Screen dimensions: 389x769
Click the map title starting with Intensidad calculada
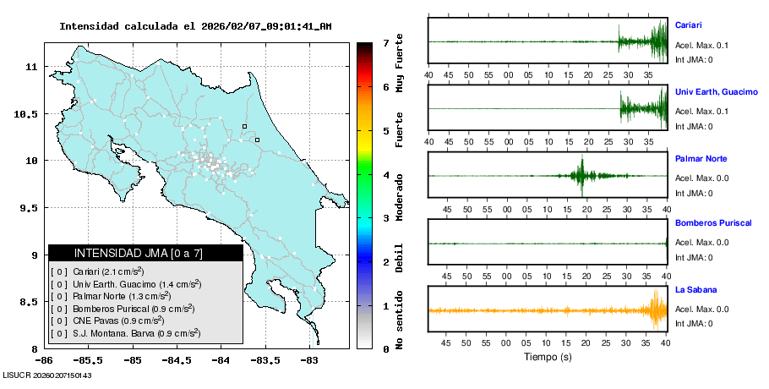point(195,26)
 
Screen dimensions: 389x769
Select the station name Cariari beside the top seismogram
point(689,25)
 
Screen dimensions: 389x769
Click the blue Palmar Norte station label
point(701,159)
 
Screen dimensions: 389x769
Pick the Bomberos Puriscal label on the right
point(713,222)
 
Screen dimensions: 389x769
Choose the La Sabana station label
point(694,290)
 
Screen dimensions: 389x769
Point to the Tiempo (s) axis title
point(547,358)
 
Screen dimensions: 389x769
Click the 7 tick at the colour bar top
point(385,42)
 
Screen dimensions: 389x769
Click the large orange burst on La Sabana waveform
point(657,310)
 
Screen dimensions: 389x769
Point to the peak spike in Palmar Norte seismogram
point(581,175)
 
